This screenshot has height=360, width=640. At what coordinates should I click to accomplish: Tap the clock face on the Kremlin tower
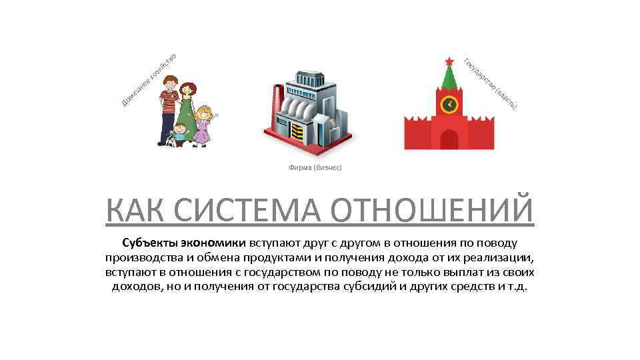click(450, 104)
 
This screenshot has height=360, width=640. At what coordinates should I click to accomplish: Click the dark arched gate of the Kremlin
click(449, 139)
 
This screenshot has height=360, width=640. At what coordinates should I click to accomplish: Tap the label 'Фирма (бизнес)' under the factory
click(315, 167)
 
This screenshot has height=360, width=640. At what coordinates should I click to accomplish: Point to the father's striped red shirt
click(169, 104)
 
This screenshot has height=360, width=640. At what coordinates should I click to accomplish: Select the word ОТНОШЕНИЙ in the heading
click(433, 210)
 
